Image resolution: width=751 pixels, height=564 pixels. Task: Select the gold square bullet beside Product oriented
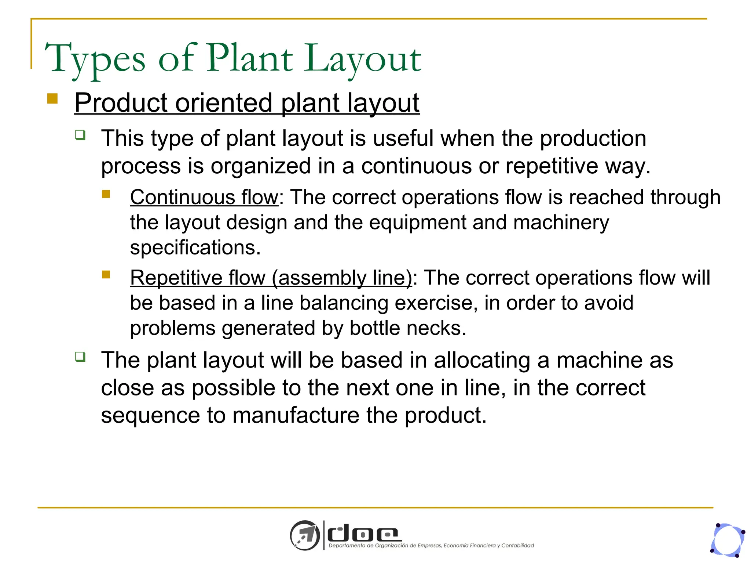pyautogui.click(x=52, y=99)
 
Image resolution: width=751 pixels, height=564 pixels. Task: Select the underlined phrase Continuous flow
pyautogui.click(x=204, y=197)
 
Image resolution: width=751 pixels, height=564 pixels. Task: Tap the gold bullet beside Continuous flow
pyautogui.click(x=106, y=194)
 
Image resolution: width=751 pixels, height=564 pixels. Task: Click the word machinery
pyautogui.click(x=561, y=223)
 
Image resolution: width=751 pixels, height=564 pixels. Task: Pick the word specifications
pyautogui.click(x=195, y=247)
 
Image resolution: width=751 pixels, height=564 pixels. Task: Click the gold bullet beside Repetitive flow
pyautogui.click(x=106, y=274)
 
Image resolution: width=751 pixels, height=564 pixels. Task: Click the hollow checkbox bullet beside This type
pyautogui.click(x=80, y=135)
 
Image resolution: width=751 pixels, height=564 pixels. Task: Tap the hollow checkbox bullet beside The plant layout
pyautogui.click(x=80, y=356)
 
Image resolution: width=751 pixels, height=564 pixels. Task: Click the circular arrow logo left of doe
pyautogui.click(x=305, y=535)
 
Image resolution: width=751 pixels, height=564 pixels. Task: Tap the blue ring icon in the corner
pyautogui.click(x=728, y=540)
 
